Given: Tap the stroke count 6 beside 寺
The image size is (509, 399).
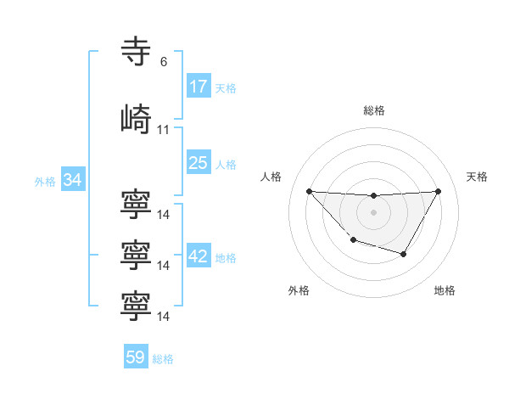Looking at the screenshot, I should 164,62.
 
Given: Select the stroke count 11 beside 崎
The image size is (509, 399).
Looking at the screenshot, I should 164,130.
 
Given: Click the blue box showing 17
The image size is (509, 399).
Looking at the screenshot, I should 199,87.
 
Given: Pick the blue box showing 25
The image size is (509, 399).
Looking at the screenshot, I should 199,163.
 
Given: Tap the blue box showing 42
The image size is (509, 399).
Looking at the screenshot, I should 199,257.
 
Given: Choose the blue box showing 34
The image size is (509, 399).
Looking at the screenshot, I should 72,180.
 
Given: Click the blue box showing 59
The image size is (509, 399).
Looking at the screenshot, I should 136,357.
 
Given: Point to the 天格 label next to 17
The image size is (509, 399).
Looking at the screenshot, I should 226,87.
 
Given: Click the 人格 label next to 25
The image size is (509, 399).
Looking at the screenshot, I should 226,164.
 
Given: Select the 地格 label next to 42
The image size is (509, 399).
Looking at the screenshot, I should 226,258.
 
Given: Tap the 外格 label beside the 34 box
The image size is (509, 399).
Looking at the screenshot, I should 45,181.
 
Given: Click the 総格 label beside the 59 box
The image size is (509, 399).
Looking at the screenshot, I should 163,358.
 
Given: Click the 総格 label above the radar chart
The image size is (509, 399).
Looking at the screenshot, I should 373,110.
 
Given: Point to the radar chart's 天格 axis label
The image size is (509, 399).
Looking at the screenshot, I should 477,177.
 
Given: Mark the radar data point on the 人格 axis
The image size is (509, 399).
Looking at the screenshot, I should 309,191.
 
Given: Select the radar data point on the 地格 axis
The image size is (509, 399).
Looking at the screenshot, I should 404,254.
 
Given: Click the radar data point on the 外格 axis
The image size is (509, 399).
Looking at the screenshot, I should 354,240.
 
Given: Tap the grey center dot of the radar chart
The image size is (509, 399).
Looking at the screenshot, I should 373,212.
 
